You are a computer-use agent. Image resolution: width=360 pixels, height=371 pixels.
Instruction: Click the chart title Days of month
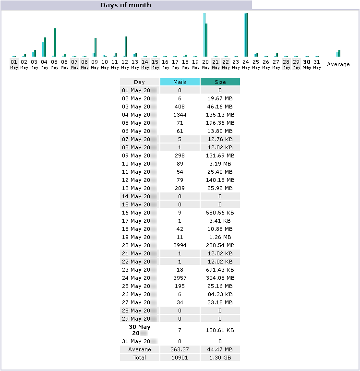pos(126,5)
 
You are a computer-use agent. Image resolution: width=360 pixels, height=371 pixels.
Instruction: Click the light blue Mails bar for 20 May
pos(204,35)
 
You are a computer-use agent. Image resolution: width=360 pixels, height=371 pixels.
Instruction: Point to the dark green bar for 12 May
pos(126,47)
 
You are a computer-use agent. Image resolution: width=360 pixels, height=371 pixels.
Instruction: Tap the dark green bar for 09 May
pos(96,47)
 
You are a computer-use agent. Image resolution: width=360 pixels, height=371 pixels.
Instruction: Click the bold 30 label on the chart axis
pos(306,62)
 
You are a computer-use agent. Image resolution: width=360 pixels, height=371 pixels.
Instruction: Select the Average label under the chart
pos(338,64)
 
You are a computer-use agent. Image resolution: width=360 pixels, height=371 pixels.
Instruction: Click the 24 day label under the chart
pos(246,62)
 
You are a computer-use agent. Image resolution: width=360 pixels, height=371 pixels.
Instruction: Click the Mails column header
pos(180,82)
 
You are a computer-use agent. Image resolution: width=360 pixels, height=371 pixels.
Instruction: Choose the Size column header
pos(220,82)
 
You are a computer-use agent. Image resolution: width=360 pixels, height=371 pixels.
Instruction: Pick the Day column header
pos(139,82)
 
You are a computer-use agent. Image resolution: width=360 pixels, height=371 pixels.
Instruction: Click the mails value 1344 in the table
pos(180,115)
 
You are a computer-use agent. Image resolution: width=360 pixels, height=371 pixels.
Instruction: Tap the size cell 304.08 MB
pos(220,278)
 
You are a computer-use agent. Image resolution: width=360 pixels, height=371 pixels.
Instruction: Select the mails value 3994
pos(180,245)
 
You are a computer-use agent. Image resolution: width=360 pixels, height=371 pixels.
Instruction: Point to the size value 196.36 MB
pos(220,123)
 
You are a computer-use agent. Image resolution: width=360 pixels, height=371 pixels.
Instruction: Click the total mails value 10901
pos(180,358)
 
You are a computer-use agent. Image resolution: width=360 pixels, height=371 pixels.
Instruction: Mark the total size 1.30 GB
pos(220,358)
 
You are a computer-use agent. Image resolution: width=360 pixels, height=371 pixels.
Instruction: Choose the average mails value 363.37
pos(180,349)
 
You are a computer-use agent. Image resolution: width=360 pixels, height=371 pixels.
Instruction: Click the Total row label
pos(139,358)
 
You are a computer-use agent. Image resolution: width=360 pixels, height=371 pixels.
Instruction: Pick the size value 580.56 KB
pos(220,213)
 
